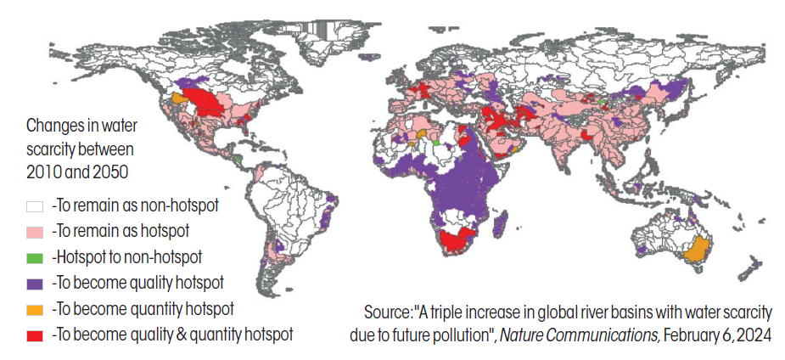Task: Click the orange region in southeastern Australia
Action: tap(696, 250)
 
